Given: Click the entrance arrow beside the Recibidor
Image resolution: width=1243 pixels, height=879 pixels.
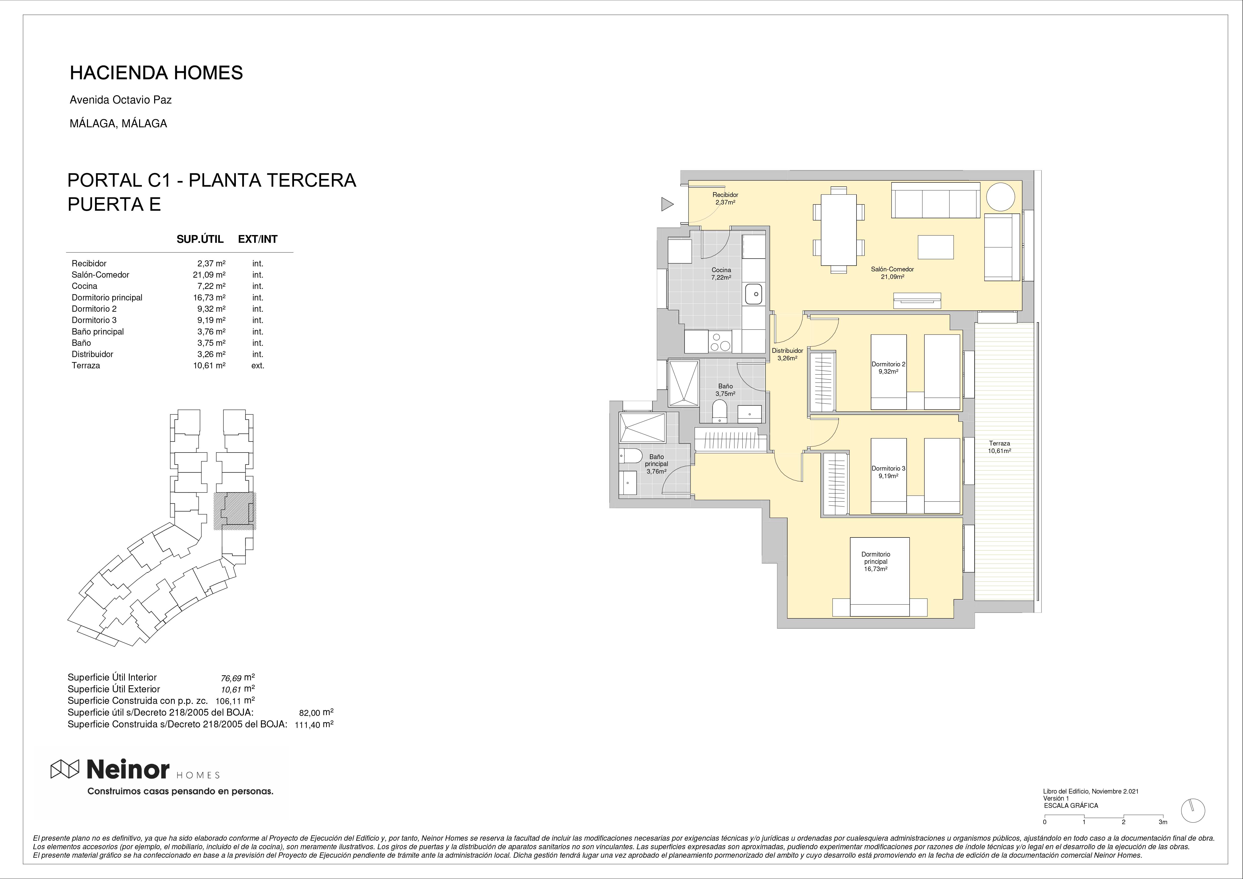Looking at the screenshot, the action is (x=667, y=204).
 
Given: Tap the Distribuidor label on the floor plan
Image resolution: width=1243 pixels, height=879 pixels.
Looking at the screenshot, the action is (x=787, y=351).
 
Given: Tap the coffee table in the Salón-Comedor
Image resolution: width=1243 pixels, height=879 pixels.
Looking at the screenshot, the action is (x=935, y=247).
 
